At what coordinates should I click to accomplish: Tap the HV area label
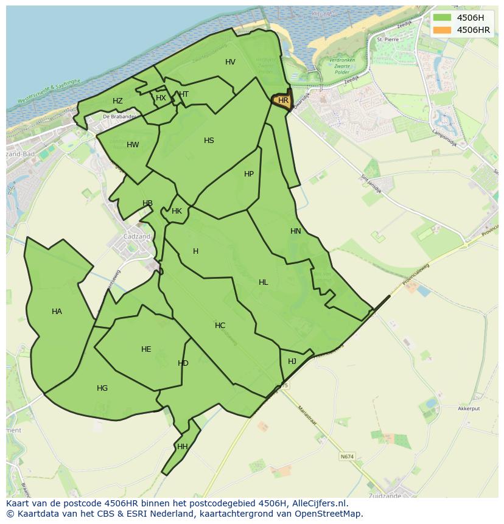(x=230, y=62)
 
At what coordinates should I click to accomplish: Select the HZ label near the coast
(x=117, y=101)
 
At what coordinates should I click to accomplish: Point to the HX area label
(x=161, y=97)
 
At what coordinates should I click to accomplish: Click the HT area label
(x=184, y=94)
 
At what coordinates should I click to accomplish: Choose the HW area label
(x=133, y=145)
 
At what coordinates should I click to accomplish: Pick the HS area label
(x=209, y=141)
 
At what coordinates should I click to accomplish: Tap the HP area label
(x=248, y=174)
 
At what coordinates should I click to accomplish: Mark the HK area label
(x=177, y=211)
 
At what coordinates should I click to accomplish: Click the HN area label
(x=296, y=231)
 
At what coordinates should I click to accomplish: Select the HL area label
(x=263, y=282)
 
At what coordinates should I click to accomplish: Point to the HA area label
(x=57, y=312)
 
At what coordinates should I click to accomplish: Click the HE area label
(x=146, y=349)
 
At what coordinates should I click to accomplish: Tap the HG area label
(x=102, y=388)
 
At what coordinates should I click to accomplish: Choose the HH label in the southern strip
(x=182, y=447)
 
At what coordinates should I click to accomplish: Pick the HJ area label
(x=292, y=362)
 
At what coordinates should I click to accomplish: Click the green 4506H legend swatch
(x=443, y=18)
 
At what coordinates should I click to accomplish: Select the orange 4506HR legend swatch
(x=443, y=30)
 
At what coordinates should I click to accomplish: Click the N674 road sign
(x=347, y=456)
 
